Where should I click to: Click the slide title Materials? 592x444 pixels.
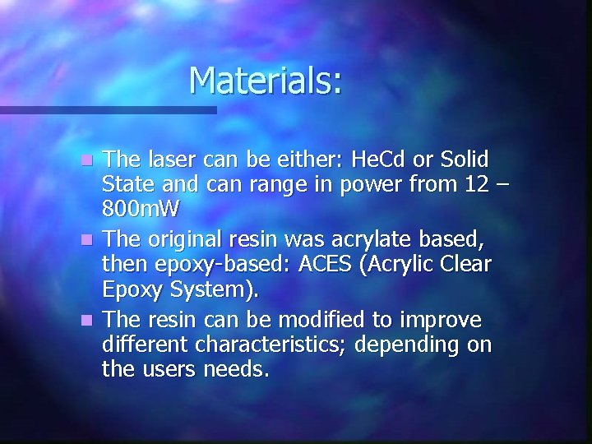point(265,81)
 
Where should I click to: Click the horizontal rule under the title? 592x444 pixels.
point(107,109)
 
